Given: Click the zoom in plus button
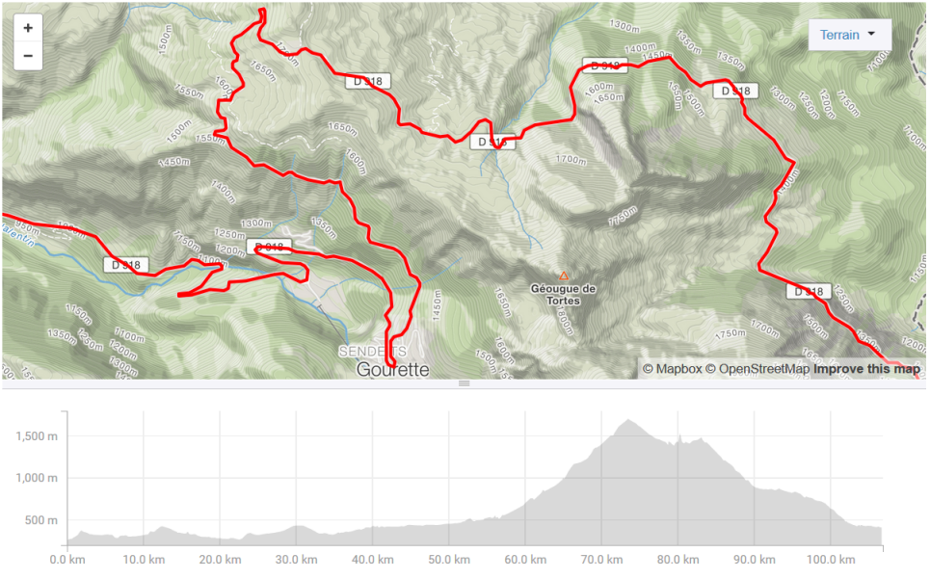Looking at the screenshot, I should coord(28,28).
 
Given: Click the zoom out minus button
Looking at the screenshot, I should coord(28,56).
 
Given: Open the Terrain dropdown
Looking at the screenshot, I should coord(849,35).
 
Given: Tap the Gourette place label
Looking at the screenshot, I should coord(392,369).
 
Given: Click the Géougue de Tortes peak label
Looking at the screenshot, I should coord(564,293).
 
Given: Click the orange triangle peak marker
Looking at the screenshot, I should coord(564,276).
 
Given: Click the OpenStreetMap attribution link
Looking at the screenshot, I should coord(757,369).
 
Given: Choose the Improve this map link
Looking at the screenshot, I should coord(865,369).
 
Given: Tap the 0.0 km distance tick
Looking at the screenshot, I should coord(66,560).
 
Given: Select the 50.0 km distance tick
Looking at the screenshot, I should coord(448,560).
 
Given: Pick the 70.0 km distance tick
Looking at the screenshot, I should coord(601,560).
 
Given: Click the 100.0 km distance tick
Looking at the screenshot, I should coord(832,560).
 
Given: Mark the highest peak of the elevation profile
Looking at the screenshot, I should coord(628,420).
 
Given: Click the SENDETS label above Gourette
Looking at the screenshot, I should coord(372,352).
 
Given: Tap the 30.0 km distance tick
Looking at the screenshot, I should coord(295,560).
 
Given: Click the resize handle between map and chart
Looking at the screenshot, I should coord(464,383).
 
